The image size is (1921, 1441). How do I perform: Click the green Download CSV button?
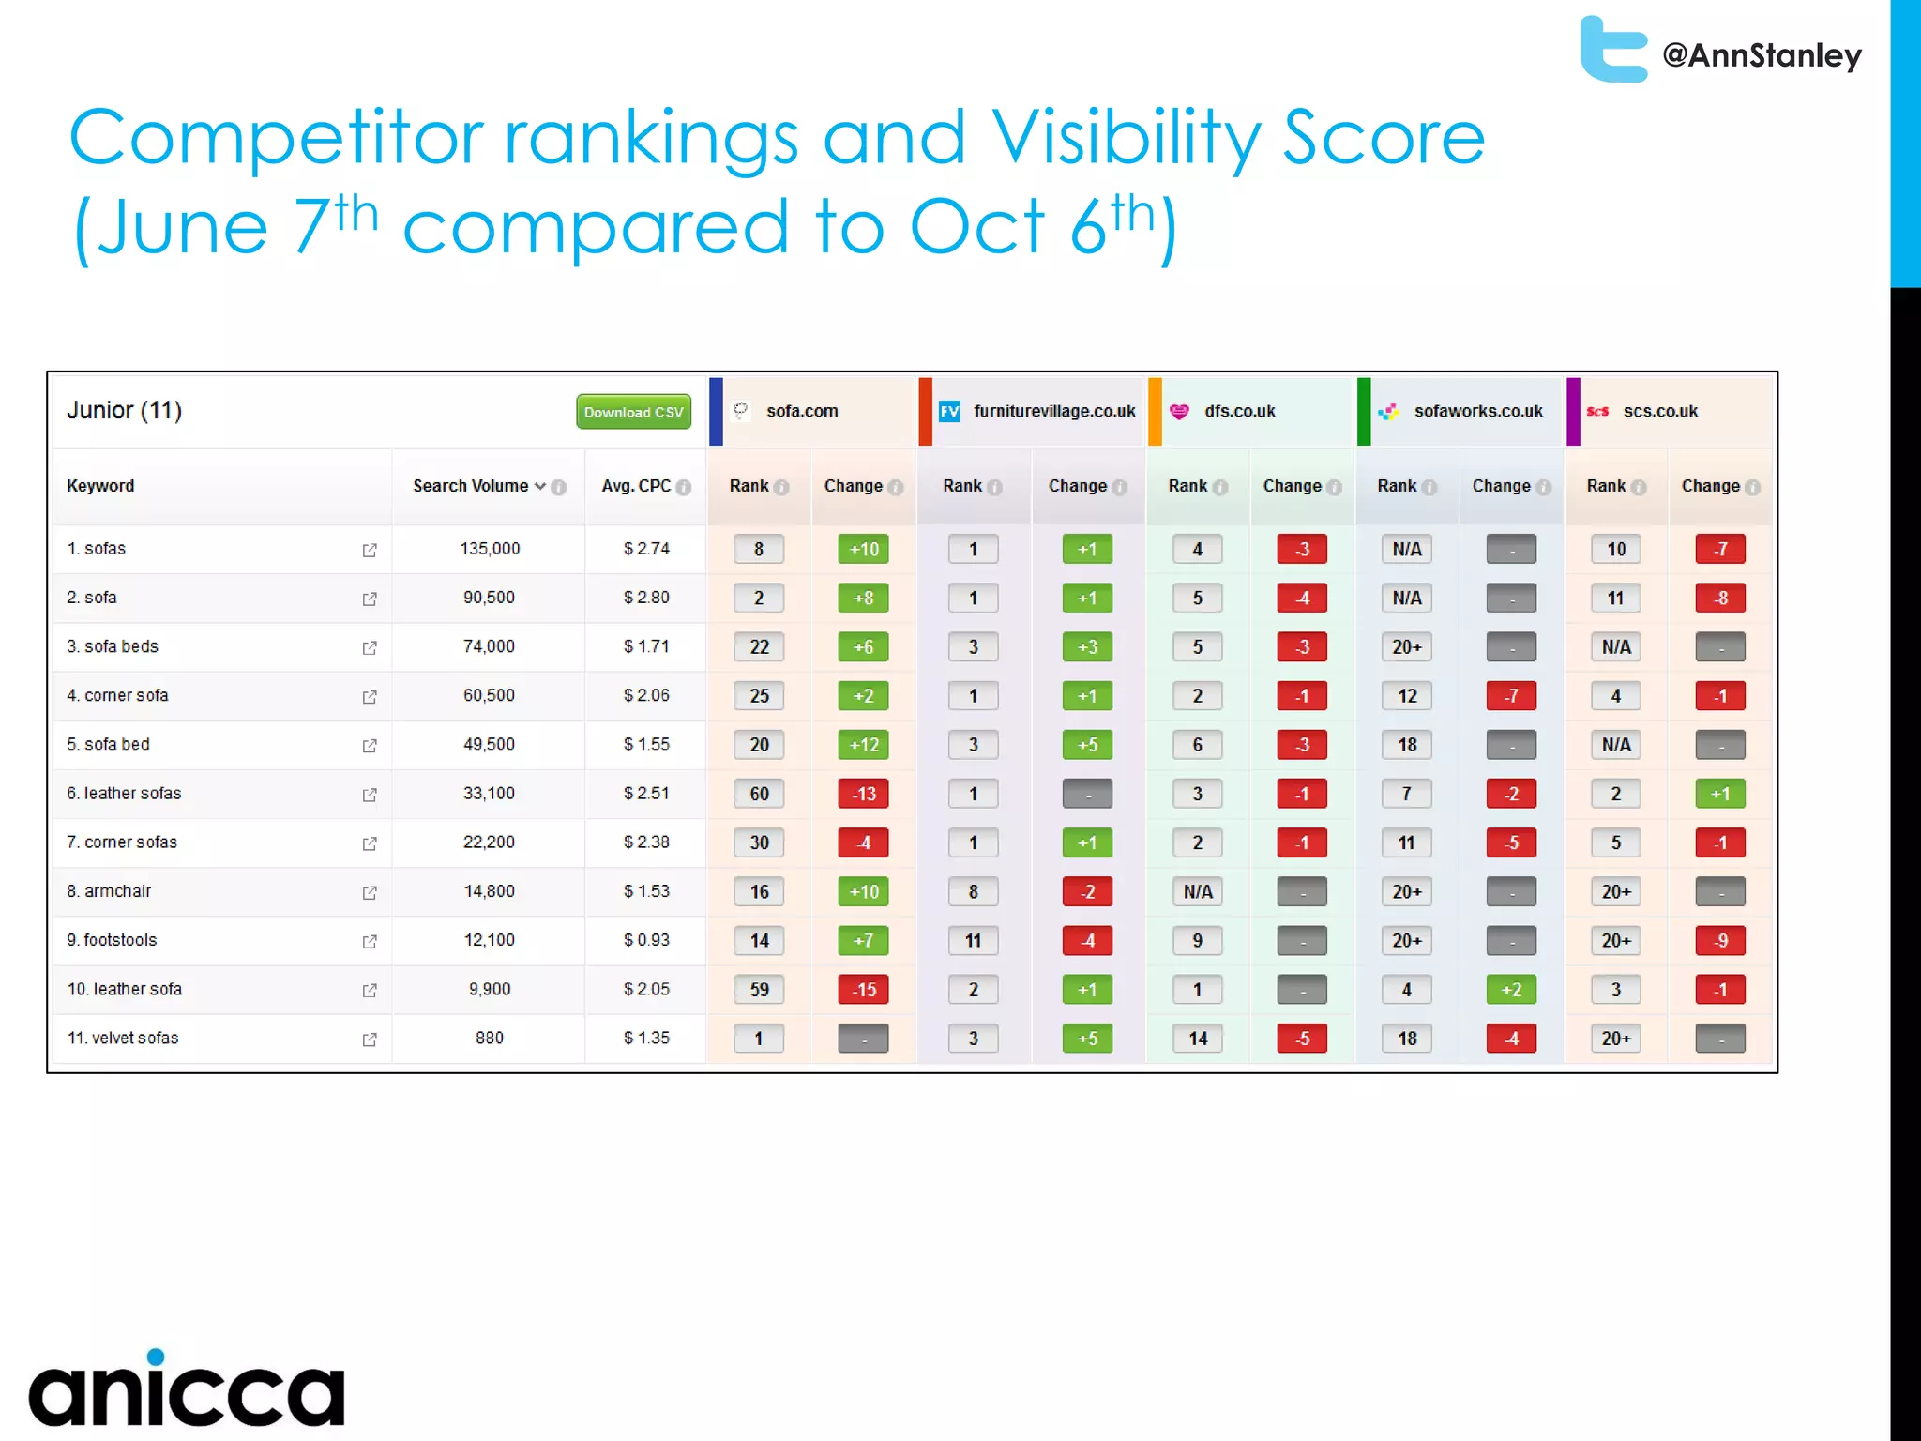click(x=633, y=412)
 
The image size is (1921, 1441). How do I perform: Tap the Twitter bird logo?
click(x=1612, y=50)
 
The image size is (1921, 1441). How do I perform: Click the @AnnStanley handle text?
click(x=1762, y=55)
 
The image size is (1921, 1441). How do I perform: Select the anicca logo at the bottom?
click(x=187, y=1389)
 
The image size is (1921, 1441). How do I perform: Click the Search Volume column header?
click(x=471, y=486)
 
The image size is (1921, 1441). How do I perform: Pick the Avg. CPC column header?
click(x=637, y=486)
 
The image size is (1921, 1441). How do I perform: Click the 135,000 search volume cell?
click(x=490, y=549)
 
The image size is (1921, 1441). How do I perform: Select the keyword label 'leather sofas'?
click(x=132, y=794)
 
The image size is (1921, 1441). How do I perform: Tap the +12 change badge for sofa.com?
click(x=863, y=745)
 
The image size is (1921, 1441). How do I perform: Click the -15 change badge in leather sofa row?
click(x=863, y=990)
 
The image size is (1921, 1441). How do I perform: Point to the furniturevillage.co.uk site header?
click(x=1053, y=412)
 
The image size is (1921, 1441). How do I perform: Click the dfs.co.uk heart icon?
click(x=1179, y=412)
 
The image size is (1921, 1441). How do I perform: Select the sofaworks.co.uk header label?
click(x=1477, y=412)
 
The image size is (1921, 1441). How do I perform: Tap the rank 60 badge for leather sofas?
click(x=759, y=794)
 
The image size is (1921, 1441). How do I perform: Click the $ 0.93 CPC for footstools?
click(x=646, y=940)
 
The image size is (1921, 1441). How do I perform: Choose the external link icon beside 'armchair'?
click(x=370, y=892)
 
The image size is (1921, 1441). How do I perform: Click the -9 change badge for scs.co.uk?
click(x=1720, y=940)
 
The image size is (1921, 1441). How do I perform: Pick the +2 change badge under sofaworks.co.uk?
click(x=1511, y=990)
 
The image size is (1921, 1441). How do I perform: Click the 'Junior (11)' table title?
click(x=124, y=411)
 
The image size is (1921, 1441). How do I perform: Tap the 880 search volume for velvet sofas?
click(x=490, y=1039)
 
